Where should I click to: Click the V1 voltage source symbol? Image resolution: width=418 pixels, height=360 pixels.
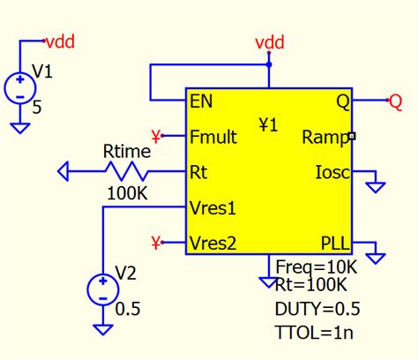pyautogui.click(x=19, y=88)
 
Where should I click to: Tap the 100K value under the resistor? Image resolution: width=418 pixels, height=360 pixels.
pyautogui.click(x=127, y=191)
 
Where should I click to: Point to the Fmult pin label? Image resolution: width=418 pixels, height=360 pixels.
pyautogui.click(x=213, y=137)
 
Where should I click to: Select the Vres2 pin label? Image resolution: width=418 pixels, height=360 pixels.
pyautogui.click(x=213, y=242)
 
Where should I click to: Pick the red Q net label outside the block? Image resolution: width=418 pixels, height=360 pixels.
pyautogui.click(x=396, y=101)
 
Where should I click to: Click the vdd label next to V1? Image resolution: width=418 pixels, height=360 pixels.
pyautogui.click(x=59, y=40)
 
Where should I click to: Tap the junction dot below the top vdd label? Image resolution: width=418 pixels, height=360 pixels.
pyautogui.click(x=269, y=64)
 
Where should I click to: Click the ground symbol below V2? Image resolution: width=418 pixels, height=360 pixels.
pyautogui.click(x=103, y=327)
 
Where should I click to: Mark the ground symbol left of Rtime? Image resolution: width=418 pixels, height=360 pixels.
pyautogui.click(x=64, y=170)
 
